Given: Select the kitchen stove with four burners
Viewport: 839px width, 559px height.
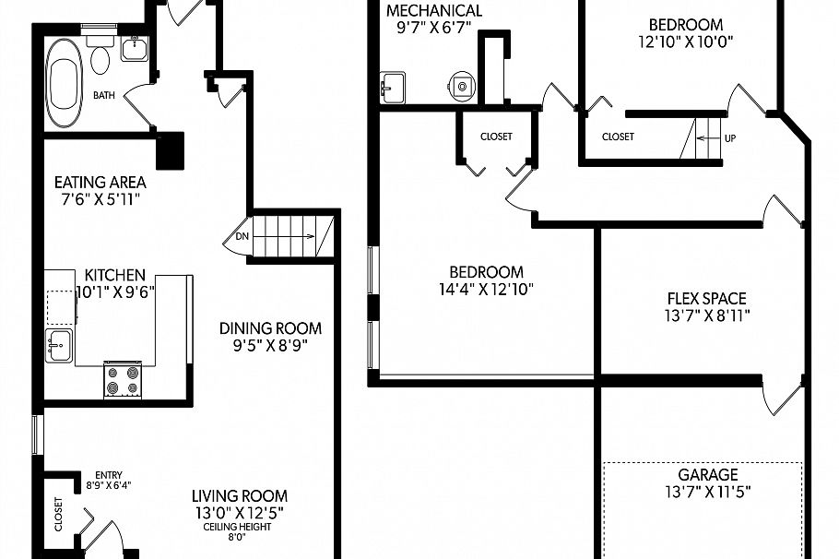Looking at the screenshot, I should click(x=122, y=380).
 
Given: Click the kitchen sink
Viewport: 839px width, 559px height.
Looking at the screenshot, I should click(x=60, y=346).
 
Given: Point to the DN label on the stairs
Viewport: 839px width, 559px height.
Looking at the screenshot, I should click(x=242, y=236).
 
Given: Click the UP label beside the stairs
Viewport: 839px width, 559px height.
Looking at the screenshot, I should click(x=730, y=138).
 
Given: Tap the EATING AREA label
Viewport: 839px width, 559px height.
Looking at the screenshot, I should click(x=100, y=182).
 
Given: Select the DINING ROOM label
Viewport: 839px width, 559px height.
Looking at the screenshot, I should click(x=270, y=328).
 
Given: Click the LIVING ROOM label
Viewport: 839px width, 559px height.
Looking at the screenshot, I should click(x=240, y=495).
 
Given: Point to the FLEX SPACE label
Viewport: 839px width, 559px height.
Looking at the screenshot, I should click(x=706, y=299).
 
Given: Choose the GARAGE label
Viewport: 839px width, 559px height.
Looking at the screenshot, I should click(x=708, y=475).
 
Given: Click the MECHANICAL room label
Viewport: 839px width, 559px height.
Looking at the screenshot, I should click(x=433, y=11).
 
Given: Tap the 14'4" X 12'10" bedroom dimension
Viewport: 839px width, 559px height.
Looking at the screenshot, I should click(x=486, y=289).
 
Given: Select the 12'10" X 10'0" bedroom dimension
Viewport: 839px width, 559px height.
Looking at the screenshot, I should click(x=685, y=42).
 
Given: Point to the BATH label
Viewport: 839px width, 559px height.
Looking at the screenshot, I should click(x=103, y=95).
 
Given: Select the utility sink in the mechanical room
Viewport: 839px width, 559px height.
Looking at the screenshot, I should click(x=392, y=87).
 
